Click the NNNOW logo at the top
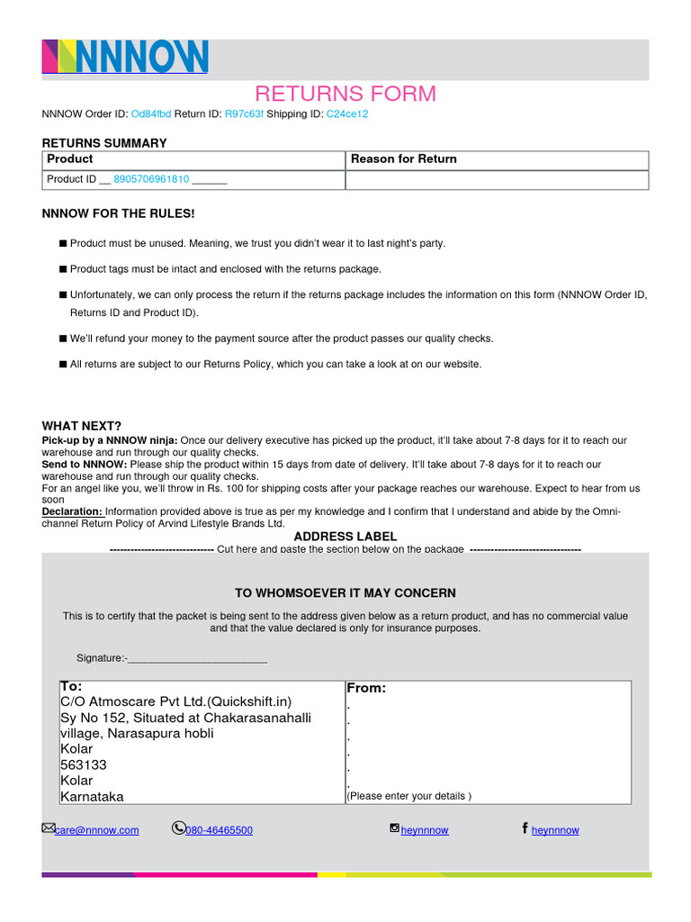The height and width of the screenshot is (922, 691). pyautogui.click(x=125, y=57)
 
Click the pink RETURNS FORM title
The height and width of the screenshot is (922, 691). pyautogui.click(x=345, y=94)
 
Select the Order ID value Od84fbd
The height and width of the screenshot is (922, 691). pyautogui.click(x=151, y=114)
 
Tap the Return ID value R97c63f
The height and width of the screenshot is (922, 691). pyautogui.click(x=244, y=114)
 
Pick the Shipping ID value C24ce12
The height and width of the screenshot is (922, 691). pyautogui.click(x=347, y=114)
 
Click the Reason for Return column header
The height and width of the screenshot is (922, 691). pyautogui.click(x=404, y=159)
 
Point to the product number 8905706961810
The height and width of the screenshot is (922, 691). pyautogui.click(x=151, y=179)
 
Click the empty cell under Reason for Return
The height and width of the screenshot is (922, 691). pyautogui.click(x=497, y=179)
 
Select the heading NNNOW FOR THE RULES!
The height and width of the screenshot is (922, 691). pyautogui.click(x=119, y=213)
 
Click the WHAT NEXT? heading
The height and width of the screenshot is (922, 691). pyautogui.click(x=82, y=426)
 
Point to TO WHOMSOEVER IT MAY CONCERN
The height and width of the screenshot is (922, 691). pyautogui.click(x=345, y=593)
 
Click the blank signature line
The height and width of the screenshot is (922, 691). pyautogui.click(x=198, y=659)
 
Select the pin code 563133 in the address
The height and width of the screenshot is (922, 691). pyautogui.click(x=84, y=764)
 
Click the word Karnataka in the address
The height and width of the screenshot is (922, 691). pyautogui.click(x=92, y=797)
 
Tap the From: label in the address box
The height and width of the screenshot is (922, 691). pyautogui.click(x=366, y=688)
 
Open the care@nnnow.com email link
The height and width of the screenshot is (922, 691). pyautogui.click(x=96, y=830)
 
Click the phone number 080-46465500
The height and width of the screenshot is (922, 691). pyautogui.click(x=219, y=830)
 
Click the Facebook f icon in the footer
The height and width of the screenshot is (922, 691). pyautogui.click(x=525, y=828)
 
